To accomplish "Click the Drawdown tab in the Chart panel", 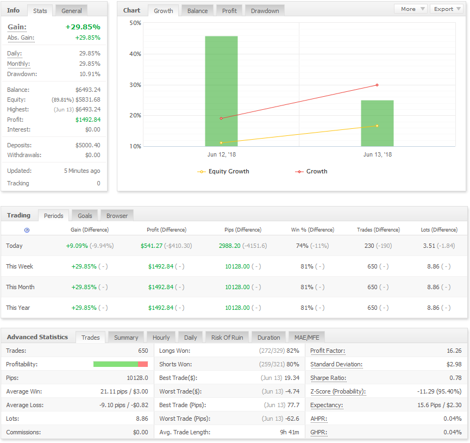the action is click(265, 11).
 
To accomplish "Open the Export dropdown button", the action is click(447, 9).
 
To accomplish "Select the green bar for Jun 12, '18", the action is click(221, 91).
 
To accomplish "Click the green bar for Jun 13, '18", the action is click(377, 123).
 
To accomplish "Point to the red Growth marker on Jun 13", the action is click(377, 85).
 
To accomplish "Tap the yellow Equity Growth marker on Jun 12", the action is click(221, 143).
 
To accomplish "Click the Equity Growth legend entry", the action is click(223, 172).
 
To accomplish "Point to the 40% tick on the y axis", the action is click(135, 54).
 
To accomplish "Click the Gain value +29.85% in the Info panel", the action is click(83, 27).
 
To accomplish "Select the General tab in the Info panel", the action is click(71, 11).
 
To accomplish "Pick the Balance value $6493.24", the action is click(88, 90).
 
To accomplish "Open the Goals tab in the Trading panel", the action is click(85, 216).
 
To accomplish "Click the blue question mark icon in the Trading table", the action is click(27, 230).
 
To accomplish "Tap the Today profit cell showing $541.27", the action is click(152, 246).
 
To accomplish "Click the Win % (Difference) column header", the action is click(312, 230).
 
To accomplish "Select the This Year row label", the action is click(18, 308).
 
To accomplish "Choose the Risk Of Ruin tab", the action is click(227, 338).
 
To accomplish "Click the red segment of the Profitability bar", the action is click(143, 364).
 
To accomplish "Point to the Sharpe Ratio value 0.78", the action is click(455, 378).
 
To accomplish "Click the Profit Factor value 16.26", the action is click(454, 351).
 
